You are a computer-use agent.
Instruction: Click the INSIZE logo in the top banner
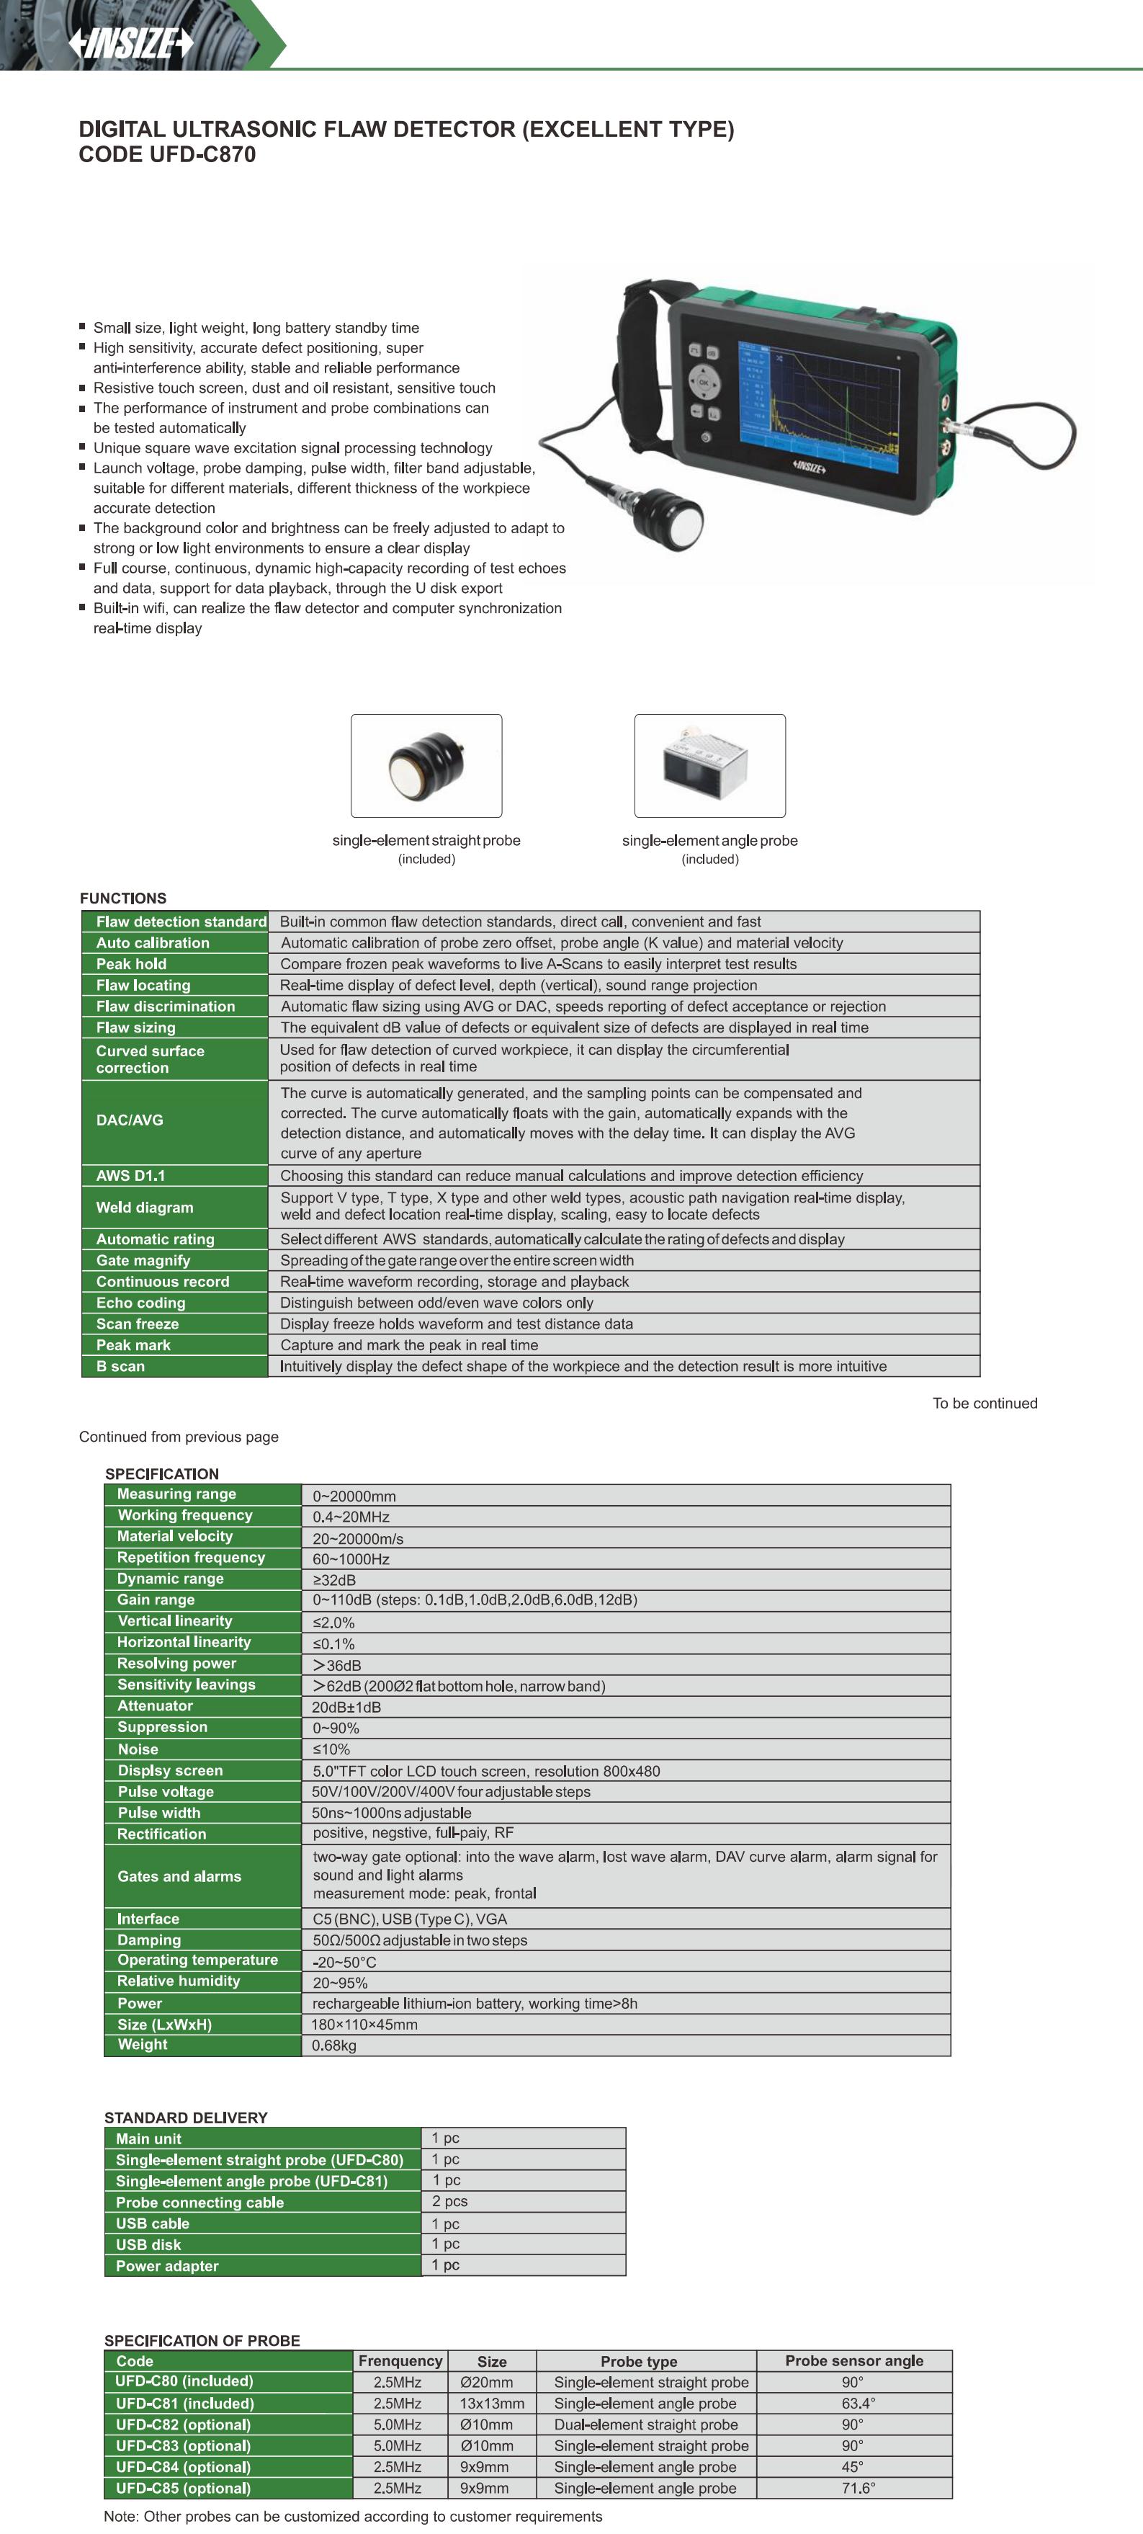click(130, 43)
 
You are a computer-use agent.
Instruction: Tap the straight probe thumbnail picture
click(426, 765)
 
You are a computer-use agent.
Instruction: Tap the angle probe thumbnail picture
click(709, 765)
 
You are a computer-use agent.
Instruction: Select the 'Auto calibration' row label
click(153, 942)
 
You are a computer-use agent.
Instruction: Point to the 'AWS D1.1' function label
click(131, 1176)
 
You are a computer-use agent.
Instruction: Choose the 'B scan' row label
click(120, 1366)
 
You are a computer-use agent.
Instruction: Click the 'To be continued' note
click(985, 1403)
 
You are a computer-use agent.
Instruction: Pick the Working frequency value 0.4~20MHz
click(351, 1517)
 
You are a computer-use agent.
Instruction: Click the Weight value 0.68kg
click(334, 2045)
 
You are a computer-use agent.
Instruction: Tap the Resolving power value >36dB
click(337, 1665)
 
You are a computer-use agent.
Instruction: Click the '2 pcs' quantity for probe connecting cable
click(449, 2202)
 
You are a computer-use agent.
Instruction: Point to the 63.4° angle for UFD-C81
click(858, 2403)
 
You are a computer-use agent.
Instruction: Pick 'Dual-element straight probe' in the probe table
click(645, 2424)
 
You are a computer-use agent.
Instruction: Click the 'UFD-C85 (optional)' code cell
click(183, 2488)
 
